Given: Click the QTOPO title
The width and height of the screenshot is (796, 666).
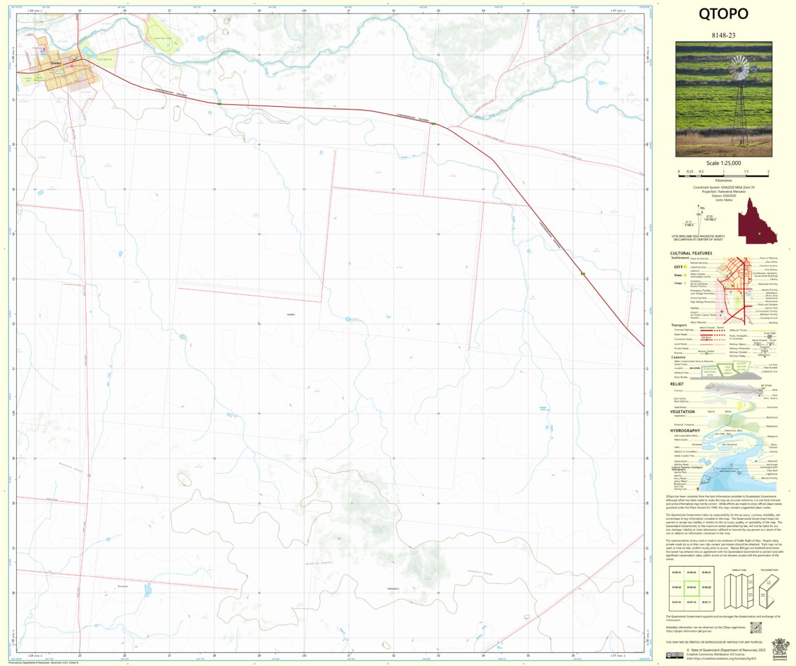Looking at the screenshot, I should click(x=723, y=14).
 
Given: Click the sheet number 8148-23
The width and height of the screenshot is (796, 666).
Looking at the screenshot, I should click(x=723, y=34).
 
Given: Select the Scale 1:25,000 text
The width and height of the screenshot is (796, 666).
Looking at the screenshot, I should click(x=723, y=163).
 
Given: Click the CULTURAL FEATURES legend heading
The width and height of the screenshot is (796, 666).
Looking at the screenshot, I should click(x=690, y=254).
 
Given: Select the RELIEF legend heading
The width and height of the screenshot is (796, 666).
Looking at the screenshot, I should click(x=676, y=384).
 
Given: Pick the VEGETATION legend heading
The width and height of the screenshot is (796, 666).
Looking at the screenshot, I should click(x=682, y=412).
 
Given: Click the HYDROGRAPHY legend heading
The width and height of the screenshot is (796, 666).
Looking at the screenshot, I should click(x=685, y=430).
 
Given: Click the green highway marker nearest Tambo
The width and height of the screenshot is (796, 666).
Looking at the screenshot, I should click(x=219, y=103).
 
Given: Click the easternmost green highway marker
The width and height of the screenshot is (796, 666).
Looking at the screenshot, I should click(x=582, y=274).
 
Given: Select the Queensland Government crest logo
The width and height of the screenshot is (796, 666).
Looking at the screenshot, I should click(x=779, y=647).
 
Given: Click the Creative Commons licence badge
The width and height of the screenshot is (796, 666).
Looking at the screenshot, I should click(x=674, y=655).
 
